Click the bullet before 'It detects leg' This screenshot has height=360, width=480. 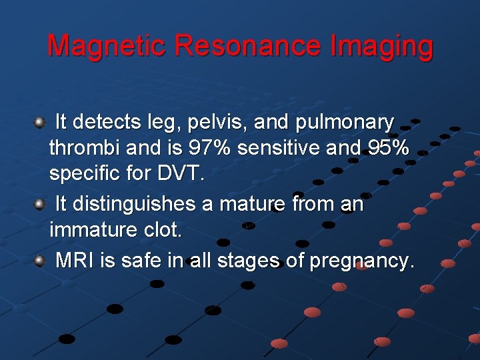tap(39, 122)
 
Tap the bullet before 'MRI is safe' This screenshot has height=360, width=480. tap(39, 260)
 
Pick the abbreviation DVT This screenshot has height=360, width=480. tap(179, 175)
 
